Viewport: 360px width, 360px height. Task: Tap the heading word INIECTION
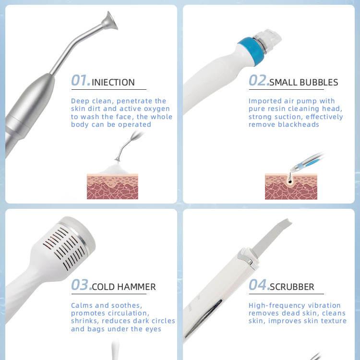113,83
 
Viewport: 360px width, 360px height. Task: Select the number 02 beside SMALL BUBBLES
258,80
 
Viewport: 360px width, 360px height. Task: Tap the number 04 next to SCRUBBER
258,285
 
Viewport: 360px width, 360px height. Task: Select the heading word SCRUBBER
292,287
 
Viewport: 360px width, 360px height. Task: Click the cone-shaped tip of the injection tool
110,21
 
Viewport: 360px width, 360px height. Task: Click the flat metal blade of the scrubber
271,237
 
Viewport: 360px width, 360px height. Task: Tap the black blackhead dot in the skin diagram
290,181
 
